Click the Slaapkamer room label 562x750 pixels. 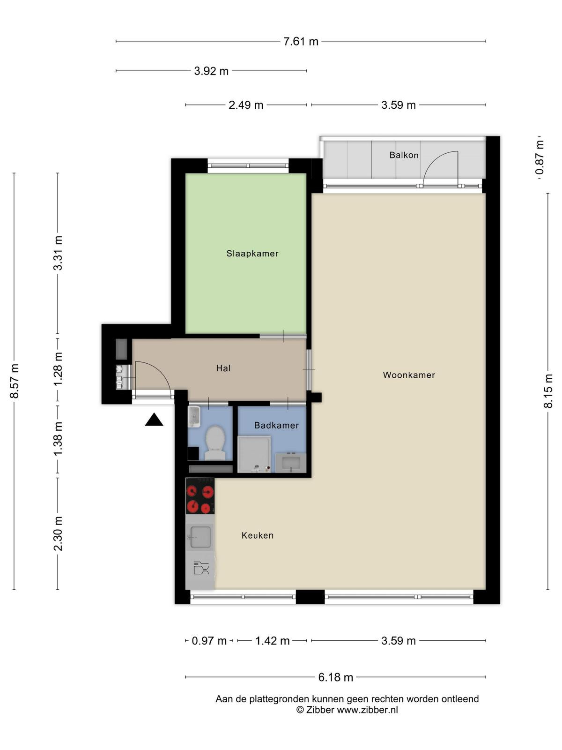(252, 254)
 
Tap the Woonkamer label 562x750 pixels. (409, 375)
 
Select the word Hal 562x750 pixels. (223, 368)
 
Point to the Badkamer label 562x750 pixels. (276, 425)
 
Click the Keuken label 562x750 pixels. (257, 535)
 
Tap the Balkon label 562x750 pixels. (404, 155)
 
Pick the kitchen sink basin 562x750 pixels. (200, 537)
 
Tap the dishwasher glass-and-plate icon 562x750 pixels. (200, 568)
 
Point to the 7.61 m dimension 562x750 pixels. (301, 41)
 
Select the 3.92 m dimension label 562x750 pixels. (211, 71)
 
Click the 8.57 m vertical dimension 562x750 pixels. (14, 381)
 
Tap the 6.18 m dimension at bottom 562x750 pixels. (335, 677)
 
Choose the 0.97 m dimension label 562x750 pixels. (209, 640)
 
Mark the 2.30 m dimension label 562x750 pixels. (58, 533)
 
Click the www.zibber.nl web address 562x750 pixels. (368, 710)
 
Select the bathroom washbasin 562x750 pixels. (291, 463)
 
